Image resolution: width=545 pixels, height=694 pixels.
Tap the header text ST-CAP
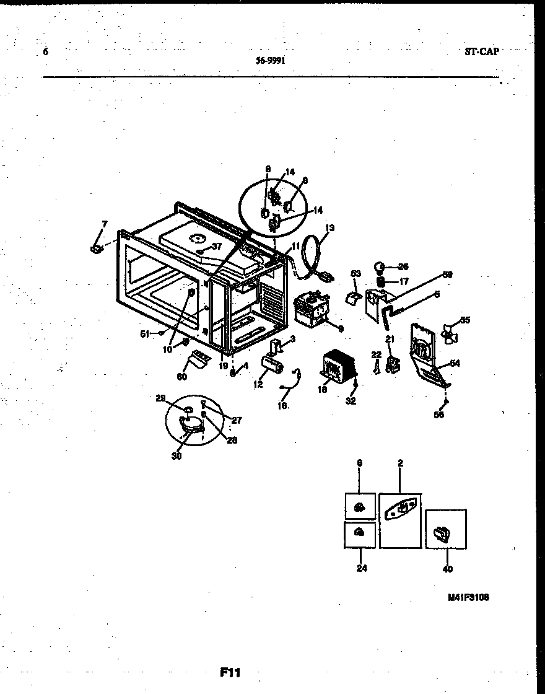click(481, 51)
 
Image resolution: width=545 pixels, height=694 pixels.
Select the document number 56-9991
click(271, 61)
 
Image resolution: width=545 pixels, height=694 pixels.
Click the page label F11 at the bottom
click(230, 672)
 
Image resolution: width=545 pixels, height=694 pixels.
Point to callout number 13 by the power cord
click(329, 229)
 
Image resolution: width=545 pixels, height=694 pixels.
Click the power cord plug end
click(325, 277)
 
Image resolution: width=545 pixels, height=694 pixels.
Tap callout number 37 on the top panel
click(216, 247)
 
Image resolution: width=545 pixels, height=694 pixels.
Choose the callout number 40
click(448, 568)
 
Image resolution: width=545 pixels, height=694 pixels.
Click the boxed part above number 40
click(445, 530)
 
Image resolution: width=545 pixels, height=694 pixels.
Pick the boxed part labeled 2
click(401, 520)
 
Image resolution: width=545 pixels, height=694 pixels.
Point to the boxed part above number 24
click(359, 534)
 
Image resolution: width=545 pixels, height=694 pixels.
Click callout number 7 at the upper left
click(104, 224)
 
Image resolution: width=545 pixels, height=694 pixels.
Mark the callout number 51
click(144, 333)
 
